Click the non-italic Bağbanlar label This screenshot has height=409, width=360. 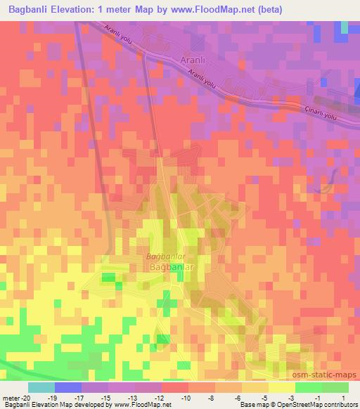(169, 268)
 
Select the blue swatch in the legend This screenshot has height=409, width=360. (68, 387)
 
